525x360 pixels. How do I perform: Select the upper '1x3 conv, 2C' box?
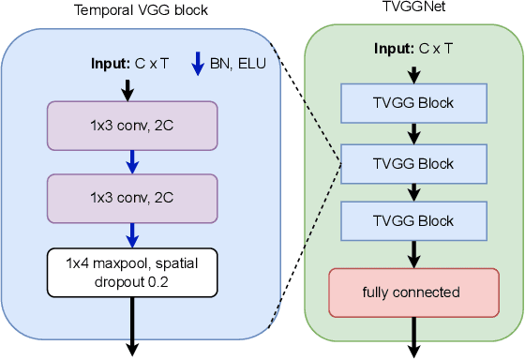click(132, 125)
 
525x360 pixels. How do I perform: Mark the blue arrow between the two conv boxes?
click(132, 163)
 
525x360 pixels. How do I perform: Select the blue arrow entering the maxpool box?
click(132, 234)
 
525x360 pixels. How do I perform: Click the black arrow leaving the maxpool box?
click(132, 323)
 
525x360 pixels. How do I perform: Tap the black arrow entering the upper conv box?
click(132, 88)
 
